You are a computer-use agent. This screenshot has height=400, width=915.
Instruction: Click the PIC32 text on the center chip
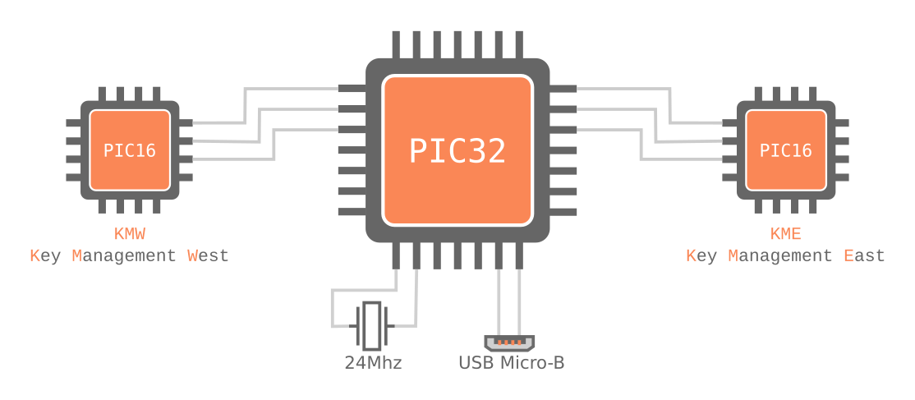point(457,151)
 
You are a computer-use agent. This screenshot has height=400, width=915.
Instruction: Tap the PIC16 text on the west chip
point(130,150)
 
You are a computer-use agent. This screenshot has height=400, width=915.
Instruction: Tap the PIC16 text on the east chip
point(786,150)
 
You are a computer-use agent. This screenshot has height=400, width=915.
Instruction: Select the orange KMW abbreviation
point(130,234)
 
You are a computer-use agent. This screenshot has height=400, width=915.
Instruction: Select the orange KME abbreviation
point(786,234)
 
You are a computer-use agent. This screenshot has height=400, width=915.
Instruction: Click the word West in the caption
point(209,255)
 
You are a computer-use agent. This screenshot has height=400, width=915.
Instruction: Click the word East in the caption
point(865,255)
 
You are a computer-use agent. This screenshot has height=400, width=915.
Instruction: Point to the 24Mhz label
point(373,362)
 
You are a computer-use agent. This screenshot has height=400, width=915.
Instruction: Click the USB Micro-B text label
point(511,362)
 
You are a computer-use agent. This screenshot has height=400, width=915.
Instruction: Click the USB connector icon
point(510,343)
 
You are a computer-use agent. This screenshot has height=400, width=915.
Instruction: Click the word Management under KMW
point(124,255)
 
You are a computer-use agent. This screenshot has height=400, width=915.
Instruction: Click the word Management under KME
point(780,255)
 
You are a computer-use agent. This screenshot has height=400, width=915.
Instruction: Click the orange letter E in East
point(849,255)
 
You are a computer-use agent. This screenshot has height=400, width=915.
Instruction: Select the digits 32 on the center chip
point(490,151)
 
